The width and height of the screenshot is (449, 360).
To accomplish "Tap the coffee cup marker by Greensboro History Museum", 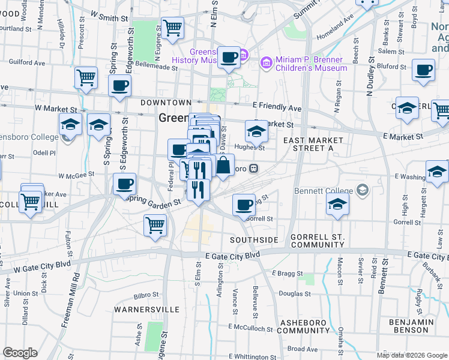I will [x=229, y=58].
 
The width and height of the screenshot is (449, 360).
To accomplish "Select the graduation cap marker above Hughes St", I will [x=256, y=130].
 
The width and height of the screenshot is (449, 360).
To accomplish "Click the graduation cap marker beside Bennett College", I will [x=338, y=204].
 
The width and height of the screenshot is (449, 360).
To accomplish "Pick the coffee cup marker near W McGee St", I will [x=125, y=184].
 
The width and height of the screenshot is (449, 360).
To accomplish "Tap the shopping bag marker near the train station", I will [x=223, y=166].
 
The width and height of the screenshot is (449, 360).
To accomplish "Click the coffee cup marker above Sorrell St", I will [x=244, y=205].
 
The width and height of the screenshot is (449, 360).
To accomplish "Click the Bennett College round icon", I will [x=361, y=191].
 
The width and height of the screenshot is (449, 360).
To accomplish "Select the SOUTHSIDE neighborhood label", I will [x=255, y=240].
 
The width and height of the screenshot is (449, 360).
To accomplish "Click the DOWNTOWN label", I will [x=166, y=103].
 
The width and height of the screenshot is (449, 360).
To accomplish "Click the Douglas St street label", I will [x=294, y=294].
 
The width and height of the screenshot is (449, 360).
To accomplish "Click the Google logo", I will [x=20, y=353].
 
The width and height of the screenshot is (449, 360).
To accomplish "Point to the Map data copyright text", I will [x=412, y=355].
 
